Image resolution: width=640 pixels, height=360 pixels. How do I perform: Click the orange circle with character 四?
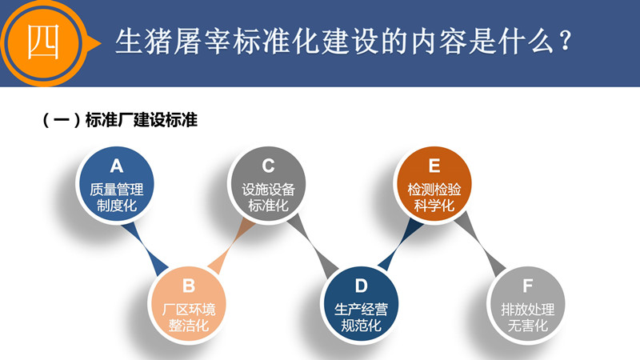[44, 43]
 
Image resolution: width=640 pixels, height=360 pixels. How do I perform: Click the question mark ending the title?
[566, 42]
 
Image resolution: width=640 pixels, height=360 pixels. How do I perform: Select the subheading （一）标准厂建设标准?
[120, 120]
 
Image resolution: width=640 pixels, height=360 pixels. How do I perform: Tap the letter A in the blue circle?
[116, 166]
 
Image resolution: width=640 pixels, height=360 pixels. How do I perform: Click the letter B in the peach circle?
[189, 286]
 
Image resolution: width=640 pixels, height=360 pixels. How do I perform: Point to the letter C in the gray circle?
[268, 166]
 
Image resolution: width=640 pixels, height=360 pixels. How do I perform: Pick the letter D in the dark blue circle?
[362, 286]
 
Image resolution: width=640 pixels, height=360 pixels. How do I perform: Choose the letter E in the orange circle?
[434, 166]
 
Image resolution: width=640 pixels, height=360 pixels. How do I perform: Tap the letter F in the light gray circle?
[527, 286]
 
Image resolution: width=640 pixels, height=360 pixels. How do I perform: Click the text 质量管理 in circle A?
[117, 190]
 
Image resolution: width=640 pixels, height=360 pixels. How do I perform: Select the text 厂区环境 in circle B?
[189, 310]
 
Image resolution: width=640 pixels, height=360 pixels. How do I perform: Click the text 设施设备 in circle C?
[268, 190]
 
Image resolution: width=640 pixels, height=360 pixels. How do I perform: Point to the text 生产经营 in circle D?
[362, 310]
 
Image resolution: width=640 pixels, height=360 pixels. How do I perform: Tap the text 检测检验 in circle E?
[434, 190]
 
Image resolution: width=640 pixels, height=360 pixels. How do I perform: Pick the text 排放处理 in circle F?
[528, 310]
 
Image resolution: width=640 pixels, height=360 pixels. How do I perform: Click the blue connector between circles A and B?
[144, 248]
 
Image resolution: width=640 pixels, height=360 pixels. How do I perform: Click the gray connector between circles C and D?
[313, 245]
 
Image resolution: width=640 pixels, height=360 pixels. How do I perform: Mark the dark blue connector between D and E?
[400, 244]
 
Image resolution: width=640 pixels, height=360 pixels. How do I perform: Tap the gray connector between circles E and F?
[481, 244]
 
